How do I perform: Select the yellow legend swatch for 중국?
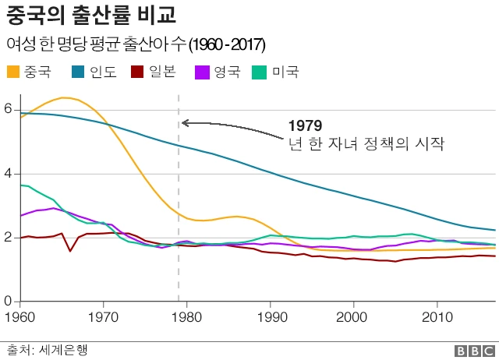tap(13, 72)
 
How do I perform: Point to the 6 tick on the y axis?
tap(9, 110)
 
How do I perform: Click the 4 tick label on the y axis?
tap(9, 174)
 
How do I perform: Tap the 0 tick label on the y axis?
tap(9, 301)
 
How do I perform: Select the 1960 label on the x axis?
tap(18, 317)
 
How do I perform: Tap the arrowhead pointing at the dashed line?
tap(185, 122)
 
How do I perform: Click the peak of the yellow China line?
tap(65, 97)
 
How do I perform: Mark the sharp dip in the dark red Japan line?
tap(70, 251)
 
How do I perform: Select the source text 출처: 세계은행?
tap(47, 350)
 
